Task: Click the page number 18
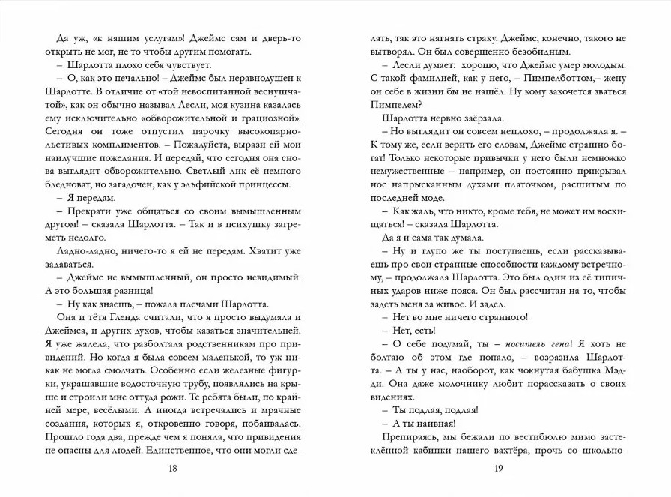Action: (x=172, y=469)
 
